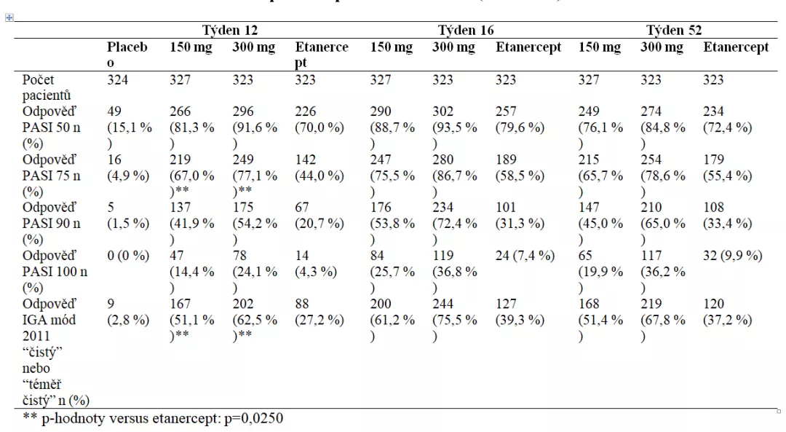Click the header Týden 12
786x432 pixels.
(x=229, y=31)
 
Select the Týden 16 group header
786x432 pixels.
(x=466, y=31)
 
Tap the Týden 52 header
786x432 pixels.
(x=674, y=31)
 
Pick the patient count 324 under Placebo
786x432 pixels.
(x=117, y=80)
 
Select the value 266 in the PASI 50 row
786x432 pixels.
(x=180, y=111)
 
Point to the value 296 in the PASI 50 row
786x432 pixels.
(x=242, y=111)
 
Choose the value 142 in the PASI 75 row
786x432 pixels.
(x=306, y=160)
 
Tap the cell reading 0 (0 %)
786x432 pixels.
(x=128, y=256)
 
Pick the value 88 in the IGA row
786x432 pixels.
(x=302, y=304)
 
